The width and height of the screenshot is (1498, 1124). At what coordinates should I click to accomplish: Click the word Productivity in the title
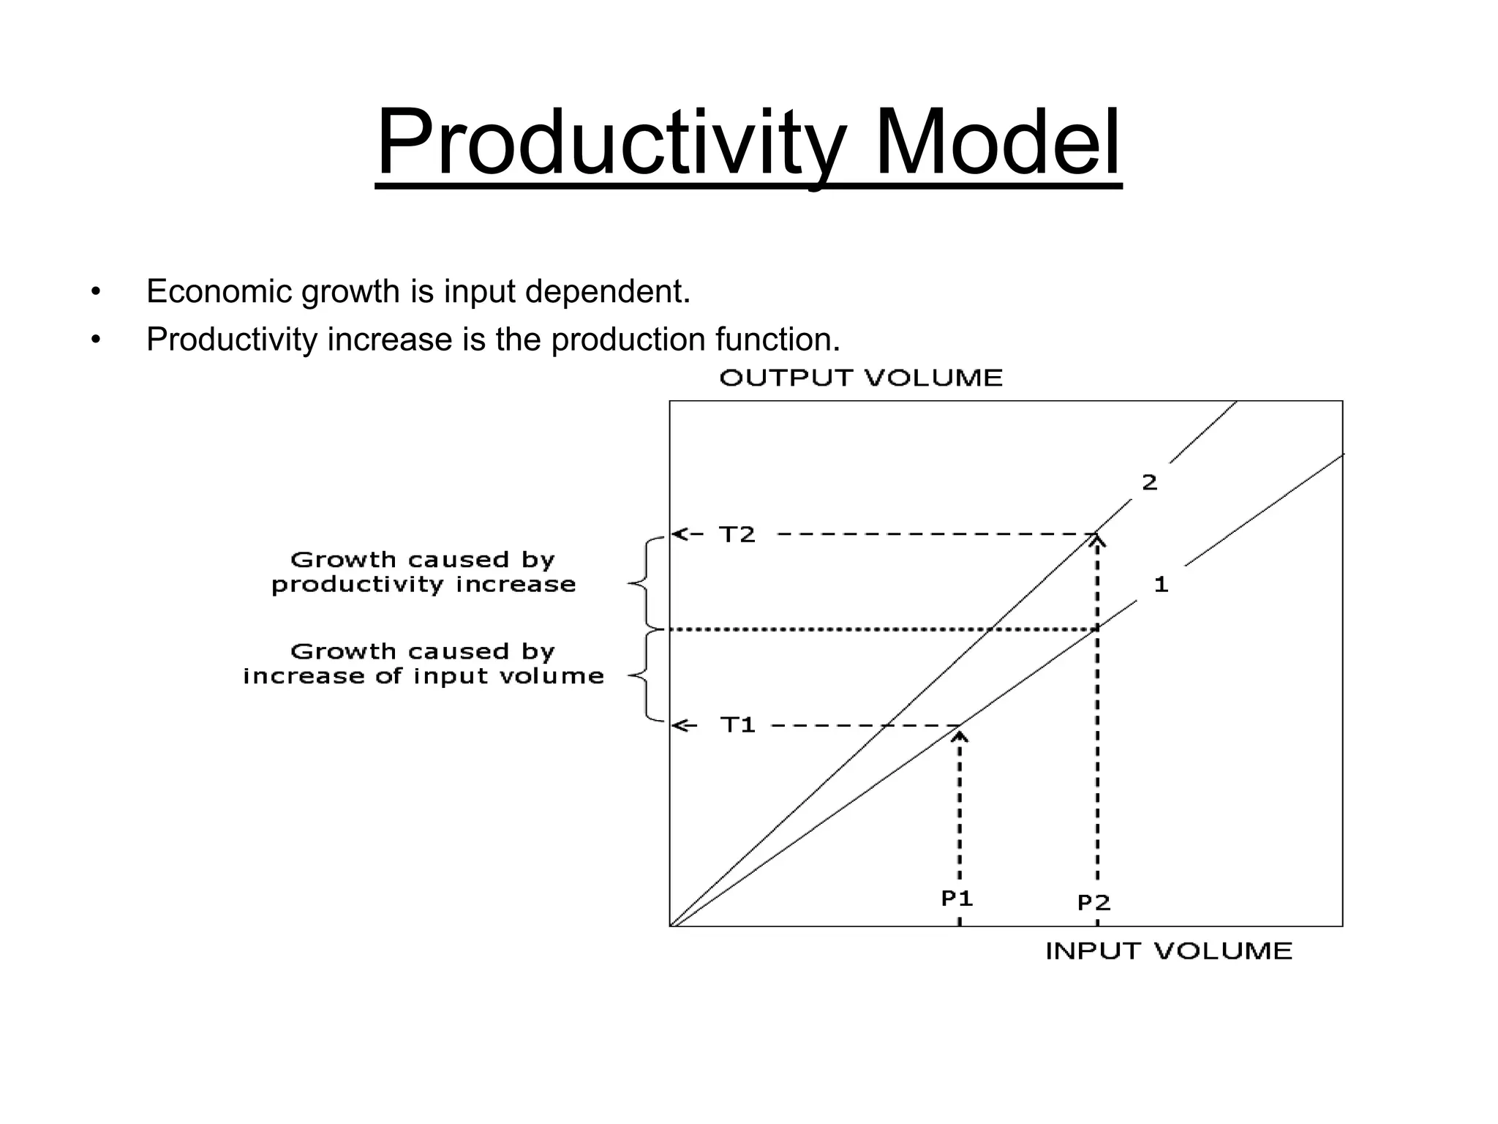[611, 143]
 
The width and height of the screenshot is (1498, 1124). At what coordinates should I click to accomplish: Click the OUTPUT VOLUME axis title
[861, 378]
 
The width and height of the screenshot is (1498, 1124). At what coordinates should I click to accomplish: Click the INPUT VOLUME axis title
[1169, 951]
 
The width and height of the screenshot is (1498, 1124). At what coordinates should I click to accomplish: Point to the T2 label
[737, 535]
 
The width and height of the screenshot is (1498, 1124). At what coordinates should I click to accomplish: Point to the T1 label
[737, 725]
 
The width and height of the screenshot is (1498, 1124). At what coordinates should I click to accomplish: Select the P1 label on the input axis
[957, 899]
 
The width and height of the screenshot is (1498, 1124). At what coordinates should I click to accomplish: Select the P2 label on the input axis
[1094, 903]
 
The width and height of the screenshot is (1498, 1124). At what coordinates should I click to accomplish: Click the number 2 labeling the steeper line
[1150, 483]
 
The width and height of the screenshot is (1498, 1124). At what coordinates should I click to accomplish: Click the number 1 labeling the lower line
[1161, 585]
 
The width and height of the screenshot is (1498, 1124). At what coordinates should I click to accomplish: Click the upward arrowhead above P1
[960, 735]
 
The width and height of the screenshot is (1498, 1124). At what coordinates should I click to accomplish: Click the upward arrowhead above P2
[1096, 541]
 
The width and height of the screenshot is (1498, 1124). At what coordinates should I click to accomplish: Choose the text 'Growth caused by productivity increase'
[424, 572]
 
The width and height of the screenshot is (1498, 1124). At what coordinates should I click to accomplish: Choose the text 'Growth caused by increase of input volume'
[424, 664]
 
